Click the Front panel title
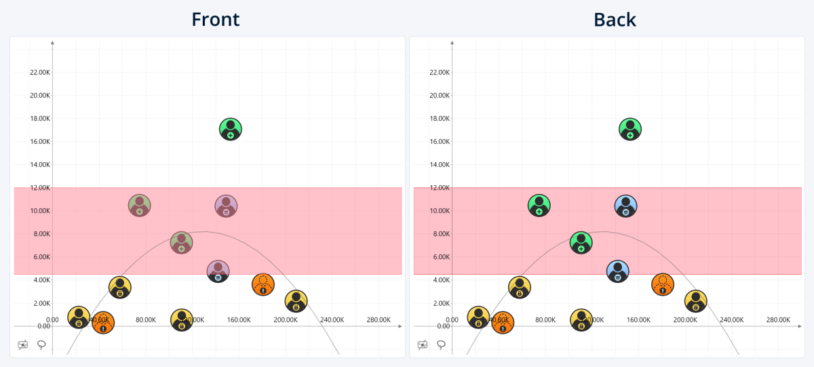point(216,19)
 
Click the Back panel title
point(615,19)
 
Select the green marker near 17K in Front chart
point(231,129)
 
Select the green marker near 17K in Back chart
point(630,129)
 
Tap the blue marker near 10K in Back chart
point(626,205)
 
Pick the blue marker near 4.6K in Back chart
point(617,271)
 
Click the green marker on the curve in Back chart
point(581,242)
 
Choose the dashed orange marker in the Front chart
point(263,284)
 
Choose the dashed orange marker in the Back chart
point(662,284)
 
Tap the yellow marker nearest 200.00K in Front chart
point(296,301)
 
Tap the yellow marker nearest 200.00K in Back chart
point(695,301)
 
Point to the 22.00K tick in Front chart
point(39,73)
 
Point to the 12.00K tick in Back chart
point(439,188)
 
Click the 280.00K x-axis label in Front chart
point(379,320)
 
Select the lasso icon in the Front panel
point(41,345)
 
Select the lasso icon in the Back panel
point(441,345)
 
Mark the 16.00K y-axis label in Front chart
point(39,142)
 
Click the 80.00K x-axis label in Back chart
point(545,320)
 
